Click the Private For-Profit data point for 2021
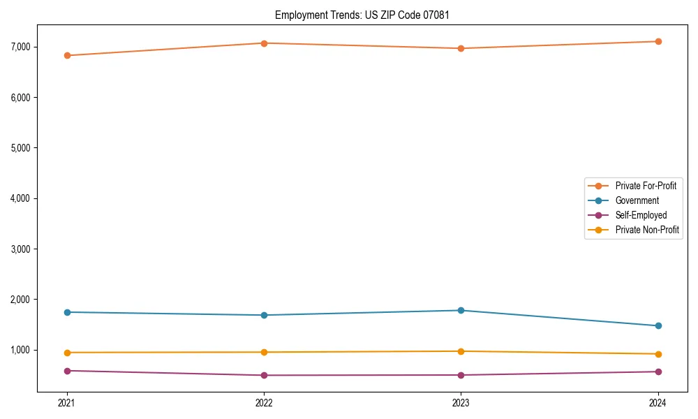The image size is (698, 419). click(67, 55)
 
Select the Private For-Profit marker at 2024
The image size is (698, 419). click(658, 41)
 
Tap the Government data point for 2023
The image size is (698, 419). click(461, 310)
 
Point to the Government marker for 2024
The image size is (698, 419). click(658, 325)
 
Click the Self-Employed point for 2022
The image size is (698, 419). click(264, 375)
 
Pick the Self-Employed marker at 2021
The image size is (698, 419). click(67, 371)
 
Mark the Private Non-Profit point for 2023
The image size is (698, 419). click(461, 351)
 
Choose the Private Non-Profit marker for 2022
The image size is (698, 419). click(264, 352)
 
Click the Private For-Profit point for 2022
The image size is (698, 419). click(264, 43)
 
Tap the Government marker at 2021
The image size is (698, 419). click(67, 312)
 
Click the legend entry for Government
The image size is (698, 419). click(637, 200)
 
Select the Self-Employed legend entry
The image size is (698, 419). click(641, 215)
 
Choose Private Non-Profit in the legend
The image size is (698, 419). click(647, 230)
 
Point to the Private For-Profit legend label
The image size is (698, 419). click(646, 186)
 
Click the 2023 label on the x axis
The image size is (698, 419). click(461, 402)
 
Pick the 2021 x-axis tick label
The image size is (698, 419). click(67, 402)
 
